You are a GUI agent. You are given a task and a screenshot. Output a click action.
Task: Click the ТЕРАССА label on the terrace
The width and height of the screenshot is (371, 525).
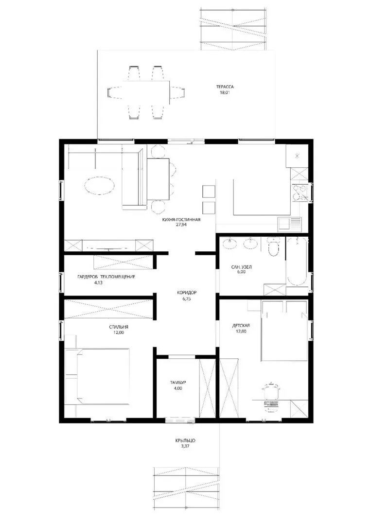coord(225,87)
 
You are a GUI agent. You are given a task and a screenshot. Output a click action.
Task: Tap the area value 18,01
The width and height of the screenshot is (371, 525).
coord(225,92)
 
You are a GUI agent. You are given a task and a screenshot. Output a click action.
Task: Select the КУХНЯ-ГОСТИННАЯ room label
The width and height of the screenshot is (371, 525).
coord(181,220)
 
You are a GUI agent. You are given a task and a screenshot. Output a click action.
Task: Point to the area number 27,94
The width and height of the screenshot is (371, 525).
coord(181,225)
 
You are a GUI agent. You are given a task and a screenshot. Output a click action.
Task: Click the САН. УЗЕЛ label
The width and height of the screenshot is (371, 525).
coord(242,267)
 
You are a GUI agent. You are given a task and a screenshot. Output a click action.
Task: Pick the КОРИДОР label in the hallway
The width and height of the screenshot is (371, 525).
coord(187,293)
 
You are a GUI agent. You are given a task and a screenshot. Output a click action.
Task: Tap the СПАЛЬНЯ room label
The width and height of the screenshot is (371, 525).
coord(119,327)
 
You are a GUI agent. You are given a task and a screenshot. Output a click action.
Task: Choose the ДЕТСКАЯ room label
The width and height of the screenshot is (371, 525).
coord(241,326)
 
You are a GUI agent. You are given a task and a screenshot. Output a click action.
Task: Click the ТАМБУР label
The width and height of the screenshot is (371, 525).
coord(178,383)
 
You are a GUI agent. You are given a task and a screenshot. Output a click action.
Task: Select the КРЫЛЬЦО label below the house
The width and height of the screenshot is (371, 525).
coord(185,440)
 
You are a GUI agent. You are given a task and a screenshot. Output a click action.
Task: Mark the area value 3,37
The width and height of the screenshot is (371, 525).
coord(185,446)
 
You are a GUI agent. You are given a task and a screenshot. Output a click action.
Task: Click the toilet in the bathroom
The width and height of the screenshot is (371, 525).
coord(274,246)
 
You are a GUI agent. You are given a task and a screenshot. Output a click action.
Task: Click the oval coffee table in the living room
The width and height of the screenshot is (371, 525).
coord(100,185)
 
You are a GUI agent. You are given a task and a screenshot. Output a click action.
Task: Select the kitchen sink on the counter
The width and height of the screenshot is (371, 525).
coord(290,224)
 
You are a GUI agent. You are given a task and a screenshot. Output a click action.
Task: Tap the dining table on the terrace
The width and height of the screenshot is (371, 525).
coord(146,92)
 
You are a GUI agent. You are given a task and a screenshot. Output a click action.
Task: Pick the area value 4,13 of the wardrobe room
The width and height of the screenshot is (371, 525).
coord(98,282)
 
